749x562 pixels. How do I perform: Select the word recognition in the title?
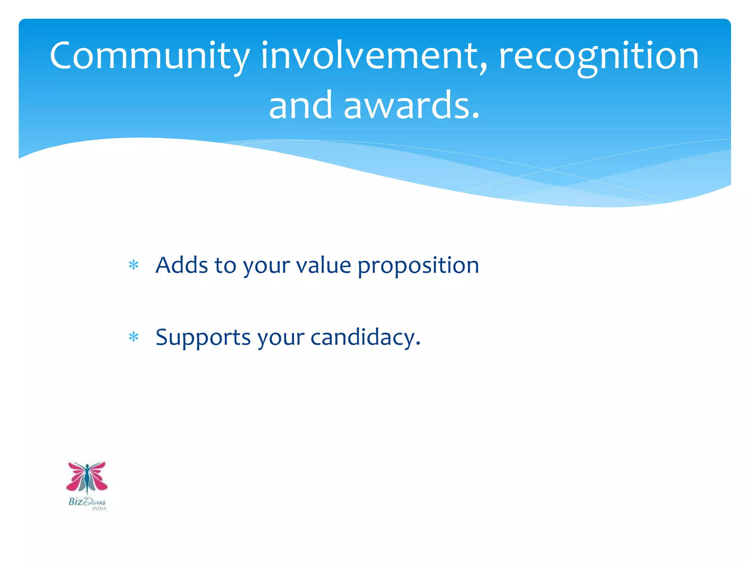[599, 57]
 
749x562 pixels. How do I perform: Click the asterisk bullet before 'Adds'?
[134, 265]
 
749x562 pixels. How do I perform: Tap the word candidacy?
[362, 337]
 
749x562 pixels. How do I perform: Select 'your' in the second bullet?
[281, 339]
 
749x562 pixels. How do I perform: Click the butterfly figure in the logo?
[87, 478]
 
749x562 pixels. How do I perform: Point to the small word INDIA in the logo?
[99, 509]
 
